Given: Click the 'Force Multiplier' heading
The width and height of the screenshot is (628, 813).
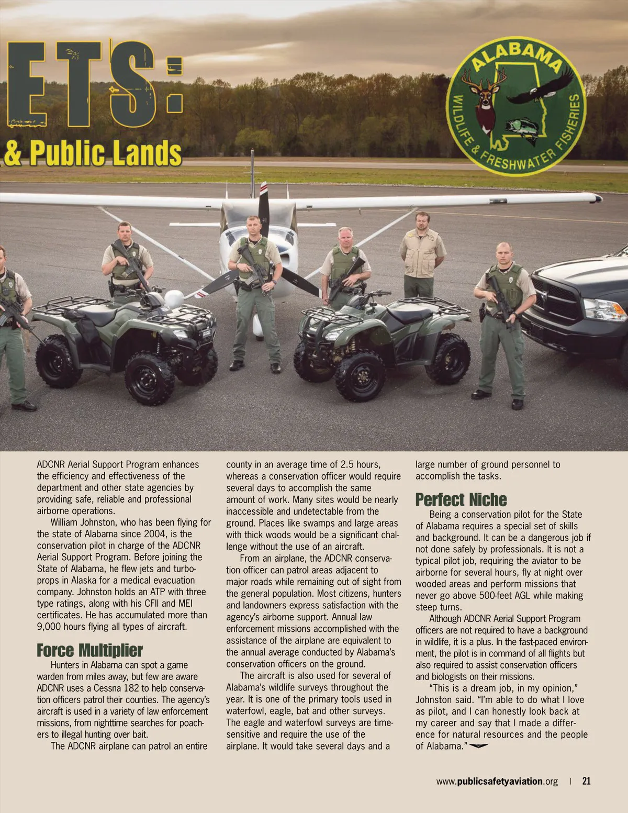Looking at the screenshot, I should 89,651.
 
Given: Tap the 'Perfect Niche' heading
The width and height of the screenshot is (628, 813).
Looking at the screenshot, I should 461,499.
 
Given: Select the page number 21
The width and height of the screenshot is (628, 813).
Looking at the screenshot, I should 586,781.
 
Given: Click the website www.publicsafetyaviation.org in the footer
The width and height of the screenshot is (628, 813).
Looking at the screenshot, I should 497,782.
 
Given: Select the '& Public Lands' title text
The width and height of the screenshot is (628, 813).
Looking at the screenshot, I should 93,152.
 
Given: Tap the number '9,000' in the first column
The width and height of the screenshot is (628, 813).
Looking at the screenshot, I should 51,627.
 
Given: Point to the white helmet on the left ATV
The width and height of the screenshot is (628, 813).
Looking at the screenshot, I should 172,299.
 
